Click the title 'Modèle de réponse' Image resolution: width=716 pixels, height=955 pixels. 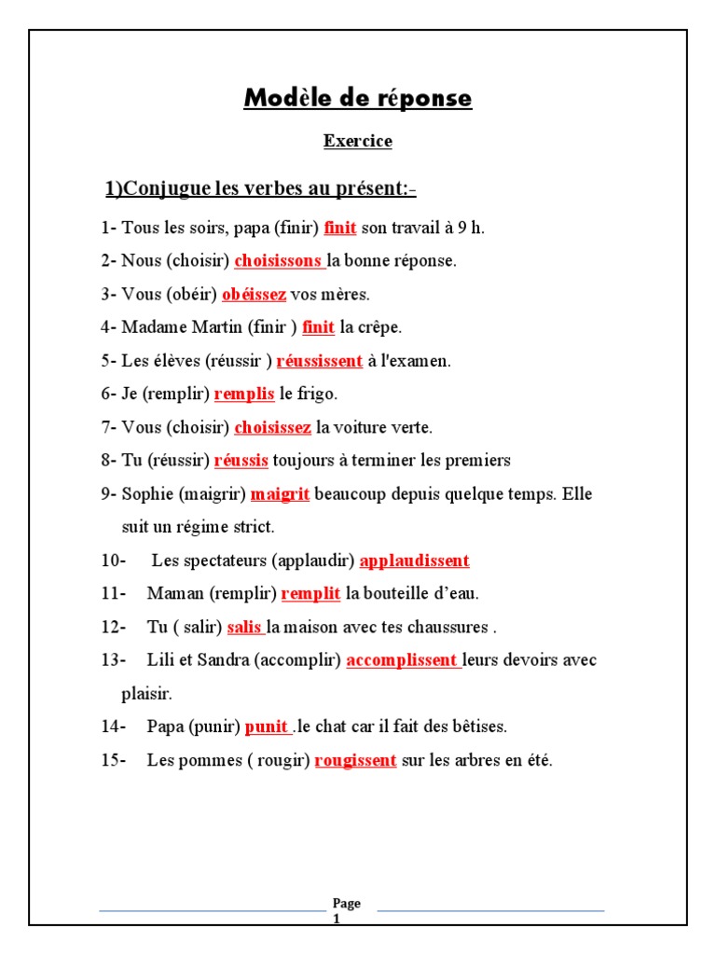click(x=358, y=99)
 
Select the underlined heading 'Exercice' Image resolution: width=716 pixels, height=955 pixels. click(x=358, y=142)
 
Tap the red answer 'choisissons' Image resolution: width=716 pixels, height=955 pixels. click(x=278, y=261)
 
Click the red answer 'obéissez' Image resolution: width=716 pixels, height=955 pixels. click(x=254, y=295)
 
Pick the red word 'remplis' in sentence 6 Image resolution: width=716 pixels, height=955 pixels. click(x=244, y=394)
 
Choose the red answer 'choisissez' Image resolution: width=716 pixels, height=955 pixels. click(x=272, y=428)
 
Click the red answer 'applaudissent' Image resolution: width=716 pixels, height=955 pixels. click(x=414, y=561)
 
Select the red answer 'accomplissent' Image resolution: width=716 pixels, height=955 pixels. click(x=402, y=660)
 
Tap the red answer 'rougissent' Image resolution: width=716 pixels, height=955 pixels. click(x=355, y=761)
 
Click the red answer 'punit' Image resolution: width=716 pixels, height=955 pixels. click(x=266, y=727)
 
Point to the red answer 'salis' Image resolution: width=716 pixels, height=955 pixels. click(x=243, y=628)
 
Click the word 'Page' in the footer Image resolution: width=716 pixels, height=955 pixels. click(x=346, y=904)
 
